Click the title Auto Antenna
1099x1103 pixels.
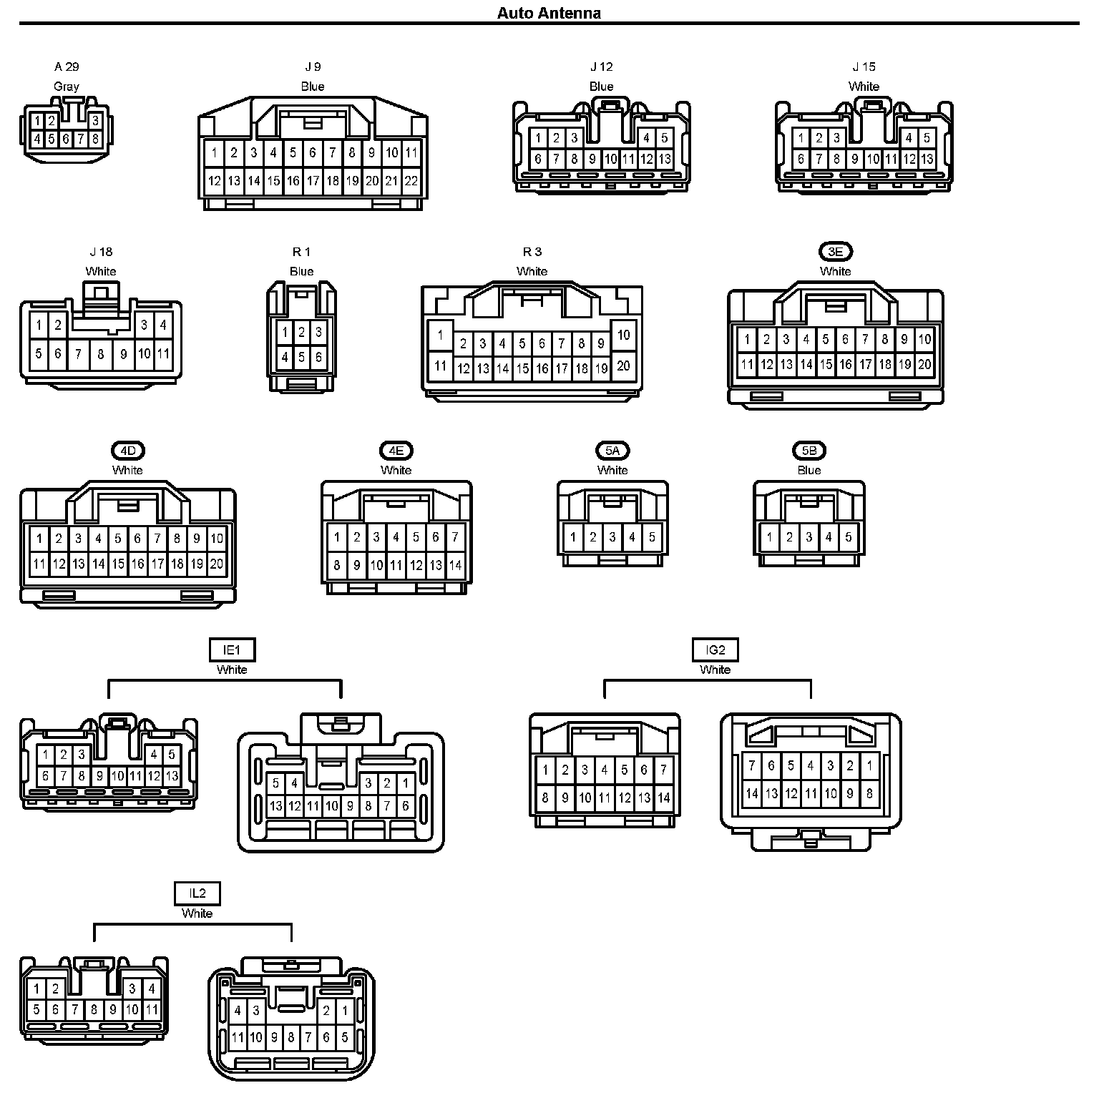pos(549,13)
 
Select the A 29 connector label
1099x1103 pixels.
pos(67,67)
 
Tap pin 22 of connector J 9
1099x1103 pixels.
pos(411,181)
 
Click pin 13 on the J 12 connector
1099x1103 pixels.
pos(664,159)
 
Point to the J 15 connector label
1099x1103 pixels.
pos(864,67)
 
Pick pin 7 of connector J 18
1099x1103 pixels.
pos(79,353)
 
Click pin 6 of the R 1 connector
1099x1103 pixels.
pos(318,356)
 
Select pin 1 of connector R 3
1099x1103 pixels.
pos(441,334)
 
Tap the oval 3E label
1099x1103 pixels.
pos(836,251)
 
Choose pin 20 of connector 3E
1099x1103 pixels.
pos(924,364)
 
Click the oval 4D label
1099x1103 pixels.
pos(127,450)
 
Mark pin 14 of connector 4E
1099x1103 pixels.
pos(455,565)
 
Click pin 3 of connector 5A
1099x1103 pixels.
pos(612,537)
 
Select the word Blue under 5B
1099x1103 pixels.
pos(809,470)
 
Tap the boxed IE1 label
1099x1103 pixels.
pos(232,649)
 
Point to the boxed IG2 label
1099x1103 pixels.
pos(715,649)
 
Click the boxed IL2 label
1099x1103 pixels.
pos(197,893)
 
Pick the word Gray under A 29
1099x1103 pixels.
pos(67,86)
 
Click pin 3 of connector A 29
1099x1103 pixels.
pos(95,121)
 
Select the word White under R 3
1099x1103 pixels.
pos(532,271)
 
